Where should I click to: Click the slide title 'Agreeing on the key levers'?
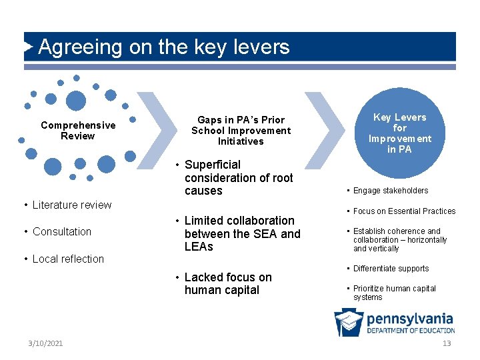(x=164, y=47)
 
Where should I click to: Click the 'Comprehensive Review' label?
(x=78, y=131)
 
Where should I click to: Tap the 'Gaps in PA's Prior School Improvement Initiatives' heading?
(x=241, y=131)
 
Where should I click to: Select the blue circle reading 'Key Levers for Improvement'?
(x=400, y=133)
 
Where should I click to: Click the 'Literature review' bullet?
(x=72, y=205)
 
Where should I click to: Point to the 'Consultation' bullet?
(x=62, y=231)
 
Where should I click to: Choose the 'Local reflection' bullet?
(x=68, y=259)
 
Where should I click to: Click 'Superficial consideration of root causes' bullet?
(x=239, y=177)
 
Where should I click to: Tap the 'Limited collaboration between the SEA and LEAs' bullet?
(x=242, y=233)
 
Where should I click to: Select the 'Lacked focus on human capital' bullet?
(x=228, y=283)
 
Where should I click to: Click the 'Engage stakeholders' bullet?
(x=391, y=191)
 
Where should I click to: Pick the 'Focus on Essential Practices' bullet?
(x=404, y=211)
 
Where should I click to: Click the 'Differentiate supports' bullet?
(x=391, y=269)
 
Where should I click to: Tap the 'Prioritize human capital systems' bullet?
(x=394, y=293)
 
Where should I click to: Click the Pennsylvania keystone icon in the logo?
(x=349, y=323)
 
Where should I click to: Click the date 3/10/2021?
(x=46, y=343)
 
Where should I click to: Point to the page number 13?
(x=447, y=343)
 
